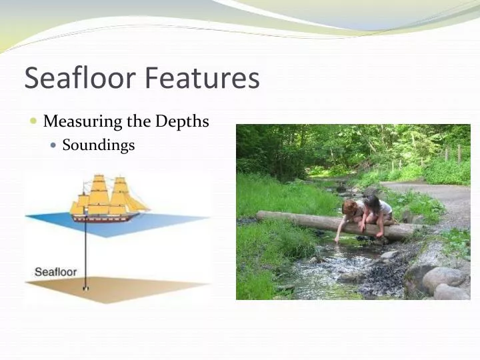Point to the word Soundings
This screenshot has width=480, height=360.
pyautogui.click(x=99, y=145)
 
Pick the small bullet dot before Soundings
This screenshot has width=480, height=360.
pyautogui.click(x=54, y=145)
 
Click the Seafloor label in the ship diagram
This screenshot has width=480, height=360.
pyautogui.click(x=55, y=272)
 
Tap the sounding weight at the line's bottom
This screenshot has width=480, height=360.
pyautogui.click(x=85, y=288)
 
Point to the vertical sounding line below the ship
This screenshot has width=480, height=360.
pyautogui.click(x=85, y=253)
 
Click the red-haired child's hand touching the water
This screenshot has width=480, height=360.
pyautogui.click(x=338, y=239)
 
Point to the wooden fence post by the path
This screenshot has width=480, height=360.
pyautogui.click(x=459, y=153)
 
